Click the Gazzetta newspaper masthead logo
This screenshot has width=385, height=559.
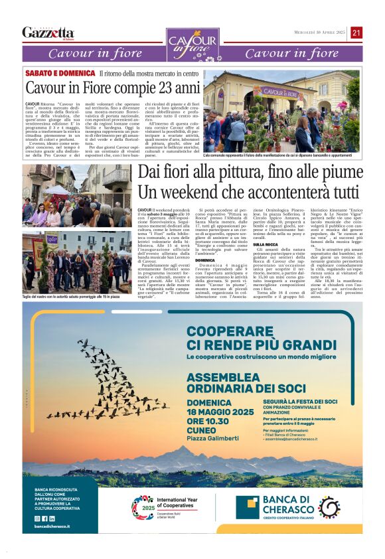48,33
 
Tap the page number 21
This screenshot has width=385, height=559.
356,33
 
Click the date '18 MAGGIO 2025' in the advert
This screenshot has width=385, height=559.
220,412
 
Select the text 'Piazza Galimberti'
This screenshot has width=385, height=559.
213,438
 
